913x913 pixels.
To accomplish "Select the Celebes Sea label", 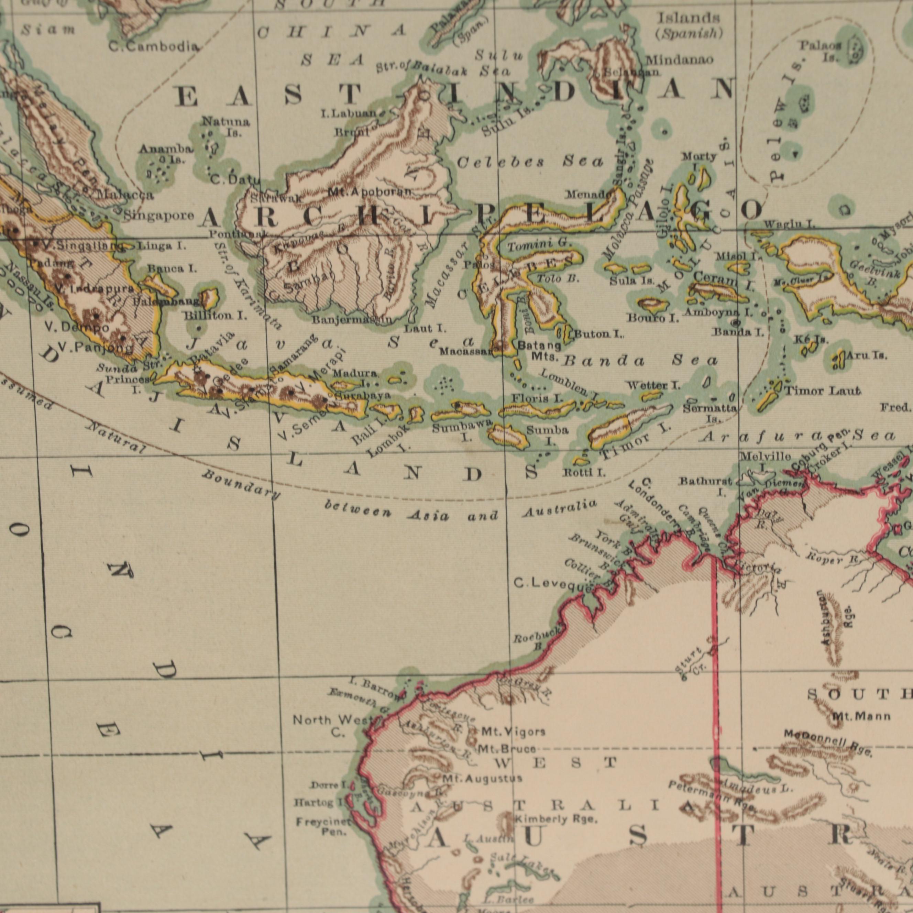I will (x=530, y=162).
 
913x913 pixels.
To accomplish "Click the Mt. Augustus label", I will (x=482, y=778).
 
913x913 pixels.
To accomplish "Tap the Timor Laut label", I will (x=822, y=391).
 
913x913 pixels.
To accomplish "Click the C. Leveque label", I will (x=552, y=571).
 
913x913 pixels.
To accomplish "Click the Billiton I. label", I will (x=216, y=316).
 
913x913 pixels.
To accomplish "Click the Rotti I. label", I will (x=584, y=472).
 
